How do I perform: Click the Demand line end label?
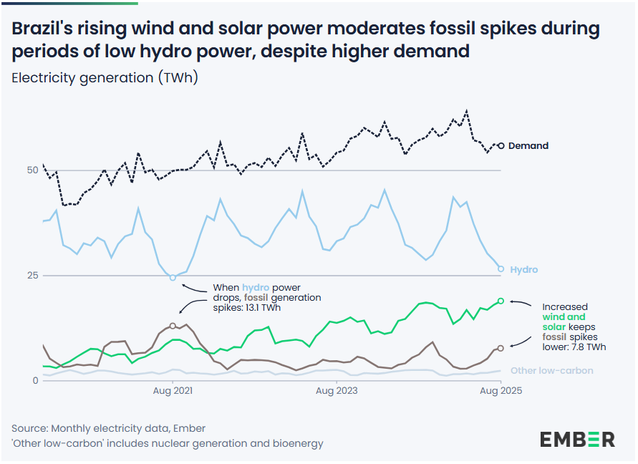(528, 146)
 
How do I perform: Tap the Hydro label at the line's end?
(523, 270)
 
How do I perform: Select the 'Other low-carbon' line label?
(551, 371)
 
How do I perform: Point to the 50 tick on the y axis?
(32, 170)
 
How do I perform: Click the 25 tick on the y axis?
(32, 276)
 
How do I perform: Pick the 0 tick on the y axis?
(34, 381)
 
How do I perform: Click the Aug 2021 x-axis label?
(173, 391)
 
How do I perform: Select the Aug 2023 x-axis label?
(337, 391)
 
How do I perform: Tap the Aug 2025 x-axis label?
(501, 391)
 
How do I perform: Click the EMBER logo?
(577, 439)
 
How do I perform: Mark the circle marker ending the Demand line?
(501, 145)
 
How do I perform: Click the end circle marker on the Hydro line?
(501, 269)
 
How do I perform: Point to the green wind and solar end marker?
(501, 301)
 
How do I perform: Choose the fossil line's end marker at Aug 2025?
(501, 348)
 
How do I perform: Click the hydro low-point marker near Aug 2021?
(173, 277)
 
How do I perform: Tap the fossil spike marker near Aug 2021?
(173, 326)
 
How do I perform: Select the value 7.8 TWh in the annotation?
(590, 347)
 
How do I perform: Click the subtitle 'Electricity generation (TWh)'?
(105, 78)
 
